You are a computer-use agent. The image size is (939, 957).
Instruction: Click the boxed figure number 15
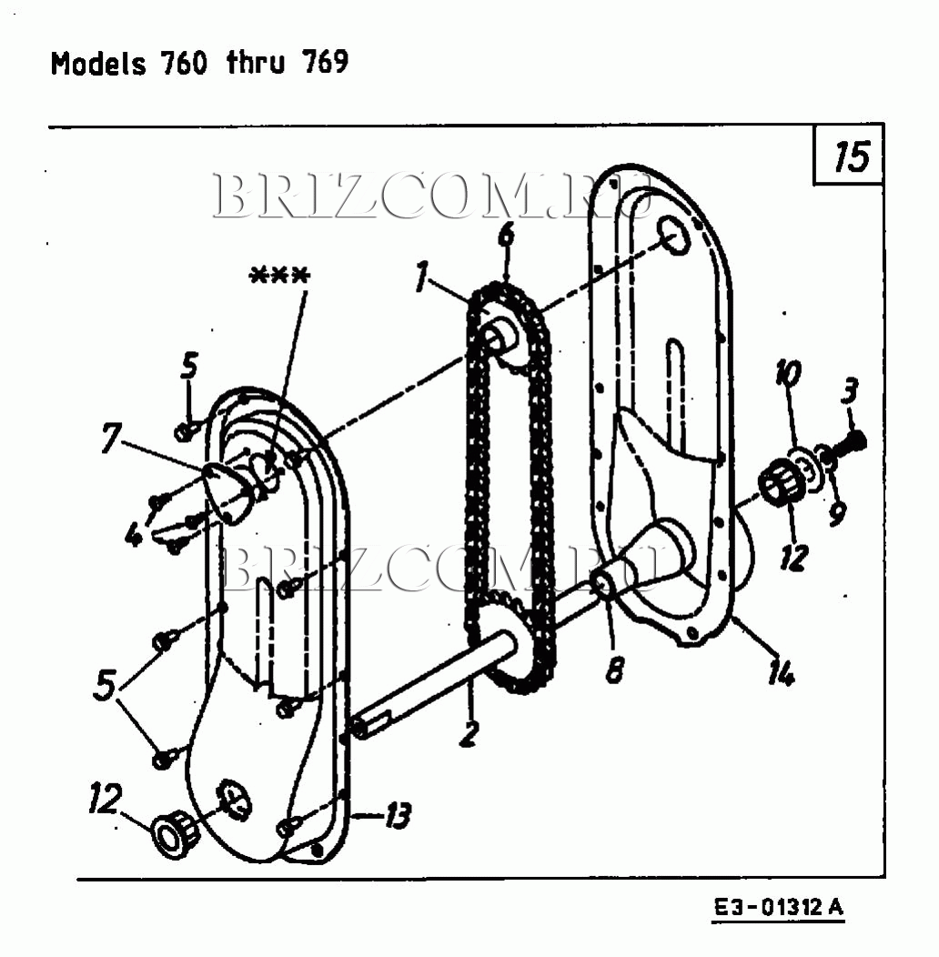[x=851, y=158]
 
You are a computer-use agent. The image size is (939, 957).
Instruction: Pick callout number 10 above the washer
[x=789, y=375]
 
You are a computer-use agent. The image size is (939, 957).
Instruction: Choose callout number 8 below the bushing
[x=615, y=670]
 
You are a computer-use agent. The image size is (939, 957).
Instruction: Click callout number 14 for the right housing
[x=781, y=674]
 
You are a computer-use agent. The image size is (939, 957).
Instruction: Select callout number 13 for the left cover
[x=396, y=816]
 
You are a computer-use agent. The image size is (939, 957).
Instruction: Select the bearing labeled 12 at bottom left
[x=172, y=833]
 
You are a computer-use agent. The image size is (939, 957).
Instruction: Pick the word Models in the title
[x=98, y=64]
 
